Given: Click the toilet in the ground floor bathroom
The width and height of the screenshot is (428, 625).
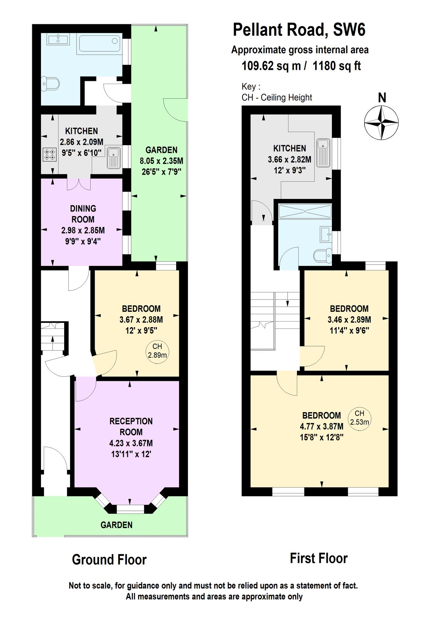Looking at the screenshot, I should coord(50,84).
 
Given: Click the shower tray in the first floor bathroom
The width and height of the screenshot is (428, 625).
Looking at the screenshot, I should coord(305,211).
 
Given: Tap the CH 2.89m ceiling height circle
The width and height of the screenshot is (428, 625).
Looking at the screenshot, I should coord(157,351).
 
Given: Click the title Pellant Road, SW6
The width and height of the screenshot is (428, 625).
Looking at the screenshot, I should coord(299,30).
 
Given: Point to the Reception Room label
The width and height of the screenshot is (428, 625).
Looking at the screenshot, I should coord(131,427).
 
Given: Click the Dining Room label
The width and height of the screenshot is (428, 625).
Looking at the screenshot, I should coord(83,214).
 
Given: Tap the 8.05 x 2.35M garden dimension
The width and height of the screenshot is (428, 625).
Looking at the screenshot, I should coord(161,161).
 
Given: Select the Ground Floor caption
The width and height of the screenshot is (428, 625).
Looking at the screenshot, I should coord(109,560).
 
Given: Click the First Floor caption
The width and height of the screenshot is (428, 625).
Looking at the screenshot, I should coord(318,558).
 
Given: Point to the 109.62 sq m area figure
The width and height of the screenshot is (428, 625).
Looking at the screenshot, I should coord(271,66).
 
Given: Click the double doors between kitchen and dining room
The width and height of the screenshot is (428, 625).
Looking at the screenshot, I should coord(79,184).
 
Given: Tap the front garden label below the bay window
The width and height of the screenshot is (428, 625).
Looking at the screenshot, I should coord(117,525).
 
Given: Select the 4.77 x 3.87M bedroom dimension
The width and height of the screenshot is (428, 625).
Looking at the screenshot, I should coord(322,426).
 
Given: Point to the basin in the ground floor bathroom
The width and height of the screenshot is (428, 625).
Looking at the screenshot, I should coord(58,39).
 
